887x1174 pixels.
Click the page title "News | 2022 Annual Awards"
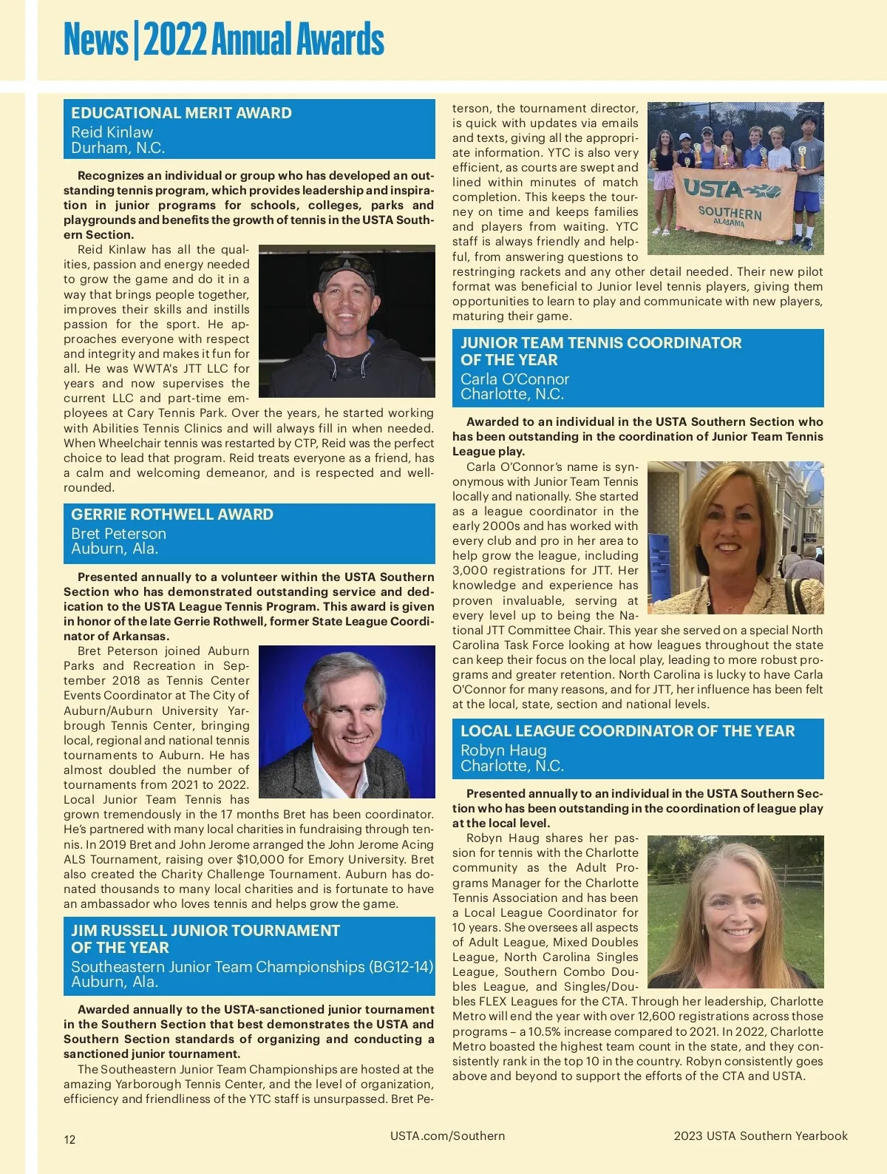click(x=223, y=40)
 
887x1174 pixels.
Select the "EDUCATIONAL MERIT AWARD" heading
click(x=181, y=113)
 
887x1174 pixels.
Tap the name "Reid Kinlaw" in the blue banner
click(x=112, y=132)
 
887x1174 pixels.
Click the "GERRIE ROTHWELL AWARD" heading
click(x=172, y=515)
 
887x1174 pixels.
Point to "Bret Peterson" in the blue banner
click(x=118, y=534)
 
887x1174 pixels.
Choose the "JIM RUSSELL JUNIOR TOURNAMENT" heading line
click(x=205, y=931)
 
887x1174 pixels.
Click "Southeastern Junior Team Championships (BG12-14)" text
click(x=252, y=967)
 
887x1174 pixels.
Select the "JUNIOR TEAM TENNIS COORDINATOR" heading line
click(x=601, y=343)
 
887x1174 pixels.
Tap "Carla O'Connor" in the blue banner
click(x=514, y=379)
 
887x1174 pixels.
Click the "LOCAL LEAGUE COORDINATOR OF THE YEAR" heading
click(x=628, y=731)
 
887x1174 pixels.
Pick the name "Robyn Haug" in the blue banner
click(x=503, y=750)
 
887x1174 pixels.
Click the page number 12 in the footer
click(x=69, y=1139)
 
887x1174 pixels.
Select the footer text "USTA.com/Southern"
click(x=447, y=1136)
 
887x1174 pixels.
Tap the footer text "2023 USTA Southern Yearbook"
click(x=761, y=1136)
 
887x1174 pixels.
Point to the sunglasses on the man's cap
click(x=347, y=262)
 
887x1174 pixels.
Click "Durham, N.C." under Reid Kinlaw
click(x=118, y=148)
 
